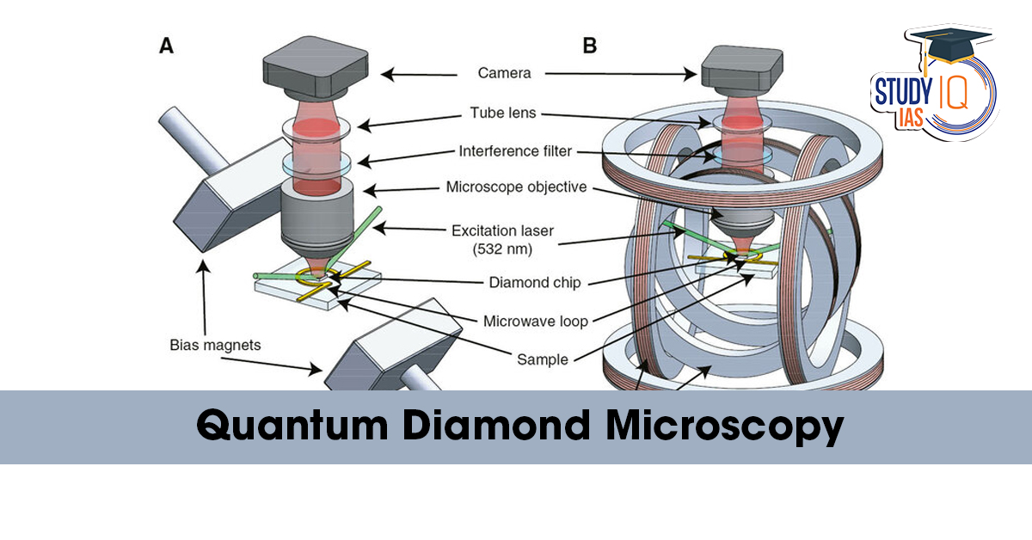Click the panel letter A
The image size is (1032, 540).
[x=167, y=46]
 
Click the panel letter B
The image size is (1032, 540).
[x=589, y=46]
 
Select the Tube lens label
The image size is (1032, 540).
[x=504, y=113]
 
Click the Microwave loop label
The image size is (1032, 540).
[x=536, y=321]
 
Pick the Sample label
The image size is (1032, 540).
[x=542, y=359]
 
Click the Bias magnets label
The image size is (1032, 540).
[x=214, y=345]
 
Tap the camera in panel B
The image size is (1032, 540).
[x=742, y=68]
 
